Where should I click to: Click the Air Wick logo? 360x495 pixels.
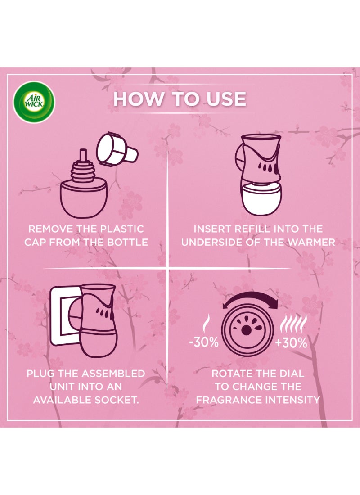click(33, 102)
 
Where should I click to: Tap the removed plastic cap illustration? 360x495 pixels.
click(117, 149)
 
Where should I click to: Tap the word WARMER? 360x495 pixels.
click(311, 242)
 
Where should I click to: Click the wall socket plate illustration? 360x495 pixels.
click(64, 315)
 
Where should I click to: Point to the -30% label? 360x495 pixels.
click(204, 342)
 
